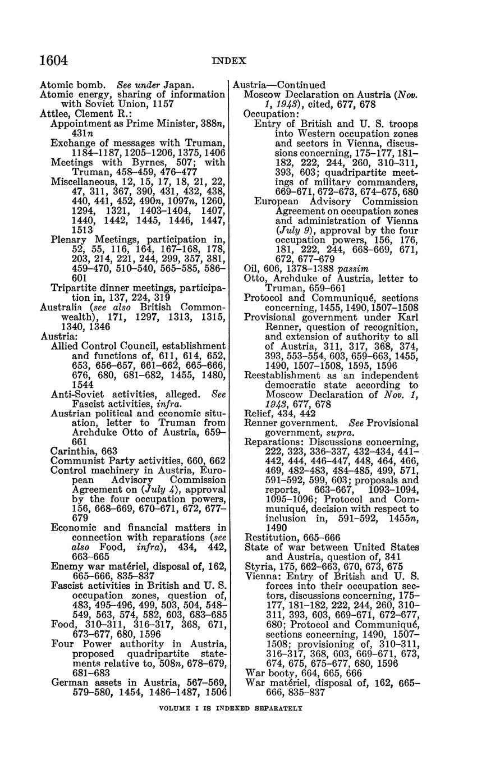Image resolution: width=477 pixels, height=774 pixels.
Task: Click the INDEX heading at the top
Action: coord(229,61)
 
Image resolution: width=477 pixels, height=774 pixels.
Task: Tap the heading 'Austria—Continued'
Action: coord(279,85)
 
